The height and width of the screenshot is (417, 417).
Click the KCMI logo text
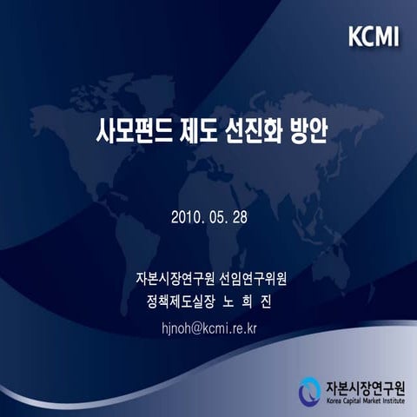tap(374, 36)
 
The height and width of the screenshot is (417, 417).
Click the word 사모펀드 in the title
tap(134, 132)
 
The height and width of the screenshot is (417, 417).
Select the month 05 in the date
tap(217, 217)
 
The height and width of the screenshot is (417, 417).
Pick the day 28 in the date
tap(240, 217)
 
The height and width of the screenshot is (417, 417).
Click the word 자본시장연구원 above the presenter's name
tap(175, 279)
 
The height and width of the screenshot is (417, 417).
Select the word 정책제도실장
tap(181, 302)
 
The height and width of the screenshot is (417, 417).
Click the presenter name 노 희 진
tap(247, 302)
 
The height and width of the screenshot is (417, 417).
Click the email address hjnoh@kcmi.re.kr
tap(209, 328)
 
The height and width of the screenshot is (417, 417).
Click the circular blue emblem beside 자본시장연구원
tap(310, 392)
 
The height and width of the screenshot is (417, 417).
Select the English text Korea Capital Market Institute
tap(366, 401)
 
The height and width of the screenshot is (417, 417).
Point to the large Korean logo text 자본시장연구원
tap(366, 388)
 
